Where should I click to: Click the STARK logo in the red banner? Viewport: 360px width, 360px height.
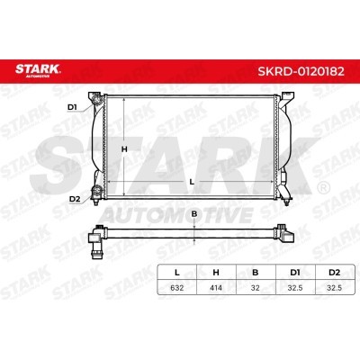coord(38,71)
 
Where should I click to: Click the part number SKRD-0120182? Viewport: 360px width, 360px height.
coord(301,71)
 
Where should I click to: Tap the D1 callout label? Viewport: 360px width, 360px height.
coord(72,107)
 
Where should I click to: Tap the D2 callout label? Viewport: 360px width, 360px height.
coord(75,199)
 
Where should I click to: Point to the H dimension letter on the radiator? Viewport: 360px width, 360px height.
coord(124,148)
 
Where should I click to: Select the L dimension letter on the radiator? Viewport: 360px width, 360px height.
coord(192,182)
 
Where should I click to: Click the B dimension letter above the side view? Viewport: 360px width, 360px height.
coord(194,214)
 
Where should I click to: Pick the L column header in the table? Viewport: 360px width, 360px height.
coord(177,273)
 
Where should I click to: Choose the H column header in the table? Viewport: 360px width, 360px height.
coord(216,273)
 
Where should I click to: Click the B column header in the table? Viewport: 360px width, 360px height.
coord(256,273)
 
